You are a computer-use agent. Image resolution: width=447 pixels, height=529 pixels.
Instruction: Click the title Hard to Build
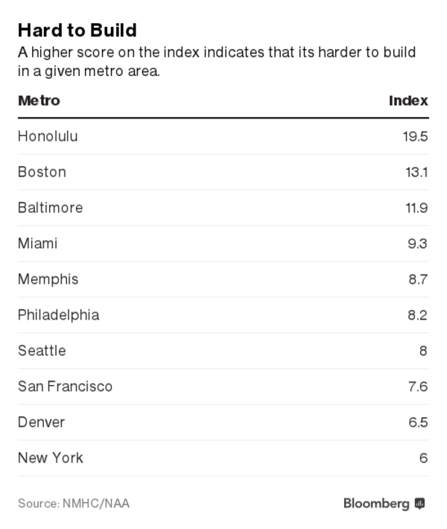pos(77,30)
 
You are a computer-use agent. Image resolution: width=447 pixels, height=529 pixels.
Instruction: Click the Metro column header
pos(39,101)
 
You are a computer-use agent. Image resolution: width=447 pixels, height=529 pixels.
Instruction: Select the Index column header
pos(408,101)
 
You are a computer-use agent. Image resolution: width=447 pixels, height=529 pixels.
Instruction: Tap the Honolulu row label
pos(48,136)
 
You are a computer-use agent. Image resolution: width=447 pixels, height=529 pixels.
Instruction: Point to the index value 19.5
pos(415,136)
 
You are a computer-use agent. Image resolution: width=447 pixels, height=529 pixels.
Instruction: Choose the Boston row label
pos(42,172)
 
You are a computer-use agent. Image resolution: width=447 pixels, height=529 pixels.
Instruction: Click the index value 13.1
pos(416,172)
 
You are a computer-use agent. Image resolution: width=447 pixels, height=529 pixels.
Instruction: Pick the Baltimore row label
pos(50,208)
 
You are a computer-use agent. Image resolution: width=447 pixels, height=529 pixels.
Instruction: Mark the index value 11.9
pos(416,208)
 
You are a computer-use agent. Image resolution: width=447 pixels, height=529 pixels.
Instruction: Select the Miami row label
pos(37,244)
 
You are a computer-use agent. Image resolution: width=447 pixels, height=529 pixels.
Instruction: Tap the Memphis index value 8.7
pos(417,279)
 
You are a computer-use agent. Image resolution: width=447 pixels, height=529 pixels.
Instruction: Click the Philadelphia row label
pos(58,315)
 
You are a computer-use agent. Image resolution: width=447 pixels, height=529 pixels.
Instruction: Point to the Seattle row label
pos(42,351)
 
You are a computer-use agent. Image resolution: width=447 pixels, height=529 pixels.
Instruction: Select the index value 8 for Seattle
pos(423,351)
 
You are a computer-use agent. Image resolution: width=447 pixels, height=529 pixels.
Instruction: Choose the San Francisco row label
pos(65,387)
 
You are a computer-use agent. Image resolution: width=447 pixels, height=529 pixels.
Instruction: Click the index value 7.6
pos(417,387)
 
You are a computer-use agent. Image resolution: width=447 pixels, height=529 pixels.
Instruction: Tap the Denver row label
pos(41,422)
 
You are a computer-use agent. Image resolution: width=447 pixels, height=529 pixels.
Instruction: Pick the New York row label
pos(50,458)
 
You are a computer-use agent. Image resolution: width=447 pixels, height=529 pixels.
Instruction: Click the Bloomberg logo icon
pos(420,504)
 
